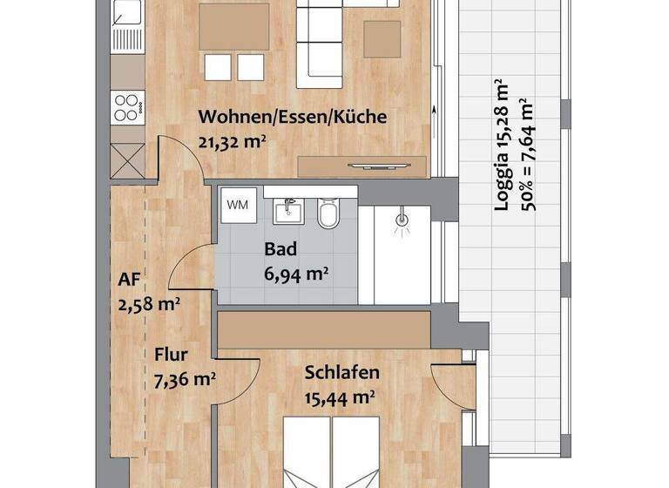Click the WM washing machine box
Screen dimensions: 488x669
tap(236, 205)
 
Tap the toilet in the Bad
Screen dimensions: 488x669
tap(328, 212)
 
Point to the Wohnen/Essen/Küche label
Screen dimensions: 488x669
tap(293, 117)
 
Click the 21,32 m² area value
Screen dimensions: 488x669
tap(232, 140)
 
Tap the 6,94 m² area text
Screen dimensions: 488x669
tap(296, 274)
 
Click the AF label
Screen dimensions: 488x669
tap(129, 281)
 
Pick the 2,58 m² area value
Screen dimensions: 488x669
tap(148, 304)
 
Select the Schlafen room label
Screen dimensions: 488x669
tap(341, 373)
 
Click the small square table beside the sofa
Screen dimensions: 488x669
tap(383, 37)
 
